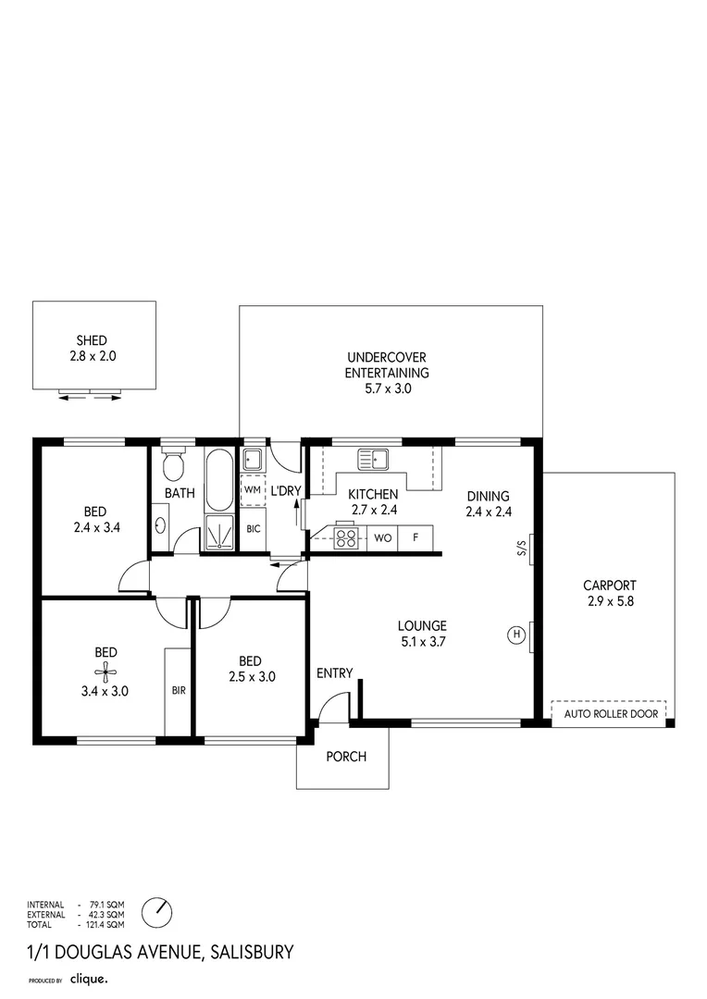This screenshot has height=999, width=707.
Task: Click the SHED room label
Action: tap(91, 340)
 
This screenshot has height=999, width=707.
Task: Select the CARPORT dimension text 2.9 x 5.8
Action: tap(609, 600)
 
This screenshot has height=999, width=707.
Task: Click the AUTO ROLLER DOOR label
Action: tap(608, 713)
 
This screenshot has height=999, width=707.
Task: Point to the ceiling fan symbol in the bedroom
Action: tap(105, 672)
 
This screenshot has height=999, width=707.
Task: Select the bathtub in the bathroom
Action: tap(220, 480)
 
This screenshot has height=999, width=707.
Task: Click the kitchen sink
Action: tap(374, 457)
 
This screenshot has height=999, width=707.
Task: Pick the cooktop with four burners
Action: tap(346, 536)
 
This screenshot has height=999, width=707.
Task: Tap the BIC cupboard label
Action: tap(253, 528)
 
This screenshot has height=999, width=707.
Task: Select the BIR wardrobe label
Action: tap(178, 690)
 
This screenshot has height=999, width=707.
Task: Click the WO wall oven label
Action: tap(383, 536)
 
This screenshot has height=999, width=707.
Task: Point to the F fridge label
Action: tap(416, 536)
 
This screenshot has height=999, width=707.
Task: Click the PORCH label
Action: tap(347, 757)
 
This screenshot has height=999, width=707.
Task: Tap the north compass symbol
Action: tap(159, 911)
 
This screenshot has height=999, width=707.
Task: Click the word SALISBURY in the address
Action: tap(253, 951)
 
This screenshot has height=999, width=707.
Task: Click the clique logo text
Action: tap(90, 978)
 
